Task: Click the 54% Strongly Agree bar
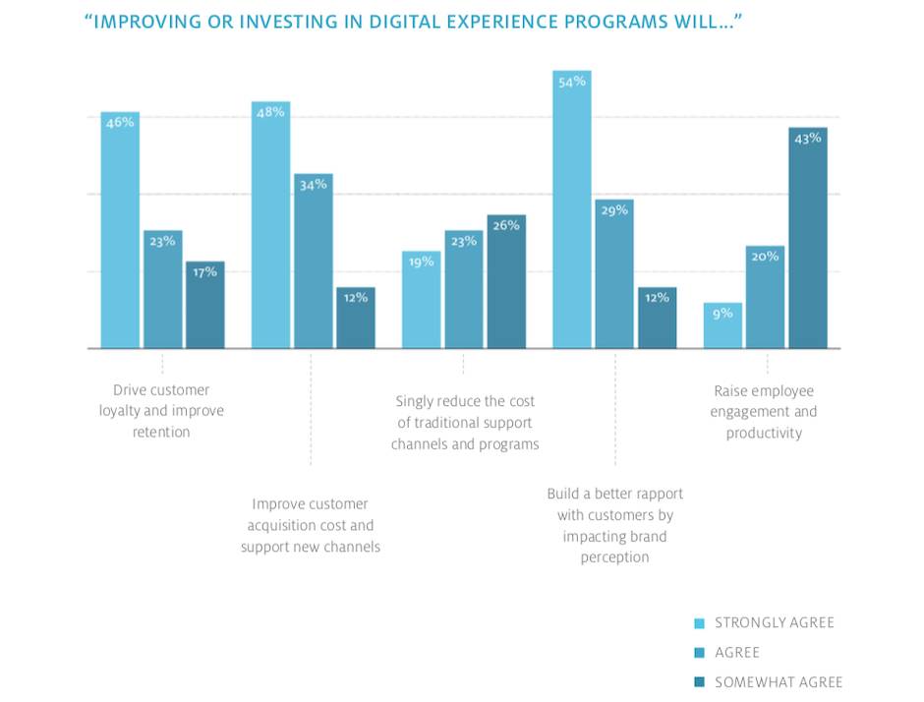(572, 211)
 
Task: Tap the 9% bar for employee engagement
(722, 325)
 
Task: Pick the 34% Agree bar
(313, 262)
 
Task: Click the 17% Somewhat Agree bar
(204, 305)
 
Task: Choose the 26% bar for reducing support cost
(506, 282)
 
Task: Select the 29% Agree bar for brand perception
(614, 274)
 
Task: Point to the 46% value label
(120, 123)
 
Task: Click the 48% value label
(270, 112)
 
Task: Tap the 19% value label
(421, 262)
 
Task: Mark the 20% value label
(765, 257)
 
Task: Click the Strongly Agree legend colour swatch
(699, 623)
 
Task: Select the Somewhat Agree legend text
(779, 682)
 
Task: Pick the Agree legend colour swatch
(699, 653)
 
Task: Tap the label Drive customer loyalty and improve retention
(161, 411)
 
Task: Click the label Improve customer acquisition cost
(311, 526)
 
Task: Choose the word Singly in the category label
(416, 401)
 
